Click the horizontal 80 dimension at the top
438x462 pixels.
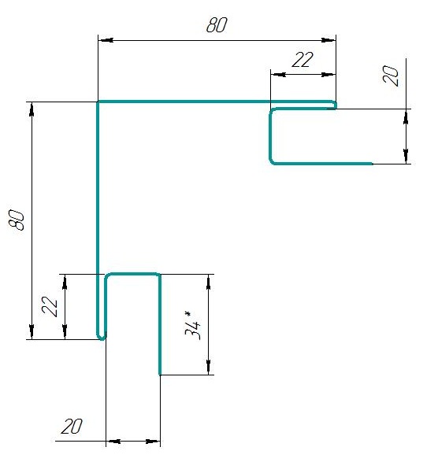pos(217,25)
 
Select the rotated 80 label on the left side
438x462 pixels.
pos(17,220)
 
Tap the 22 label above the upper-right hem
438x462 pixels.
pos(303,60)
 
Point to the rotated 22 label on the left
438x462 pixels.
pos(50,306)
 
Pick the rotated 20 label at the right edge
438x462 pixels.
pos(390,76)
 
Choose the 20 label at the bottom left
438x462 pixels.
pos(72,426)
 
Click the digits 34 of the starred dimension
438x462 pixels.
pos(192,330)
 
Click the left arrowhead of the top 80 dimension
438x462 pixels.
pos(106,40)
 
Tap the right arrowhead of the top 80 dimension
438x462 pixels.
pos(328,40)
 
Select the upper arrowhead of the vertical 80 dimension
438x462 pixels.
pos(32,109)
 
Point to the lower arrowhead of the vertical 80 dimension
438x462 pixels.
pos(32,332)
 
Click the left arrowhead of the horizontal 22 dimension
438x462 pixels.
pos(278,74)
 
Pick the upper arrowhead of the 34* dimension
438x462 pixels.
pos(209,282)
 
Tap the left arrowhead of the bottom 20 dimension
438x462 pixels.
pos(113,442)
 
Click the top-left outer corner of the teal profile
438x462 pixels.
pos(98,102)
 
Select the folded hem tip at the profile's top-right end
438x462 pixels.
pos(334,105)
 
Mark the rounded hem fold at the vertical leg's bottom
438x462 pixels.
pos(102,337)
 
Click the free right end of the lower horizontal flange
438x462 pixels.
pos(373,164)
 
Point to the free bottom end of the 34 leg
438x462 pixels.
pos(160,374)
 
